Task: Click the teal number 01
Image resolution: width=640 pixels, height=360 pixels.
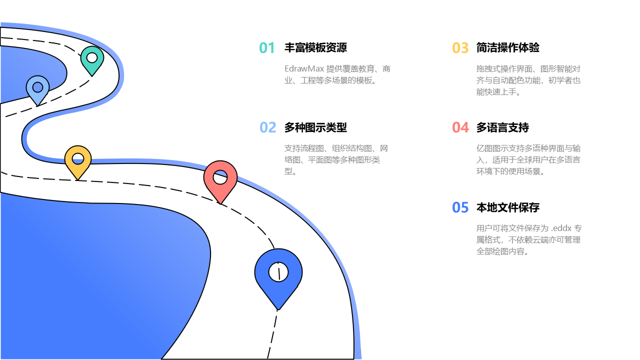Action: pos(267,48)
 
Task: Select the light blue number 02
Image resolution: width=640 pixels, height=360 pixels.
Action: pos(267,127)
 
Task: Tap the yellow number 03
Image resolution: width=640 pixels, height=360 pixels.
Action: pos(460,48)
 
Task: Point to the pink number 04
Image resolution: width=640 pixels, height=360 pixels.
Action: pos(460,127)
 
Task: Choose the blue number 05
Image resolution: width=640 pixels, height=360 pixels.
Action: pos(460,207)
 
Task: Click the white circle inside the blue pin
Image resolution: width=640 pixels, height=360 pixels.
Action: pos(278,272)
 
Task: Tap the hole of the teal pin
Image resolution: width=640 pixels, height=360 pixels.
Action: pos(92,57)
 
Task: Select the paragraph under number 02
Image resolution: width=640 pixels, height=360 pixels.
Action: pos(336,160)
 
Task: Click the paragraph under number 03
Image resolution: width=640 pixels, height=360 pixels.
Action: pos(528,80)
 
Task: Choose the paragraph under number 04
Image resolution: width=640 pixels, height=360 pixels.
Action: pos(528,160)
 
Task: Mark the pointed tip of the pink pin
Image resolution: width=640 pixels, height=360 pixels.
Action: pos(220,203)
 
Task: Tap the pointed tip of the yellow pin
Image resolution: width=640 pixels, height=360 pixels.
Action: pos(78,179)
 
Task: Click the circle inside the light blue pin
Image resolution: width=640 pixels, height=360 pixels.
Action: pos(37,87)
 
